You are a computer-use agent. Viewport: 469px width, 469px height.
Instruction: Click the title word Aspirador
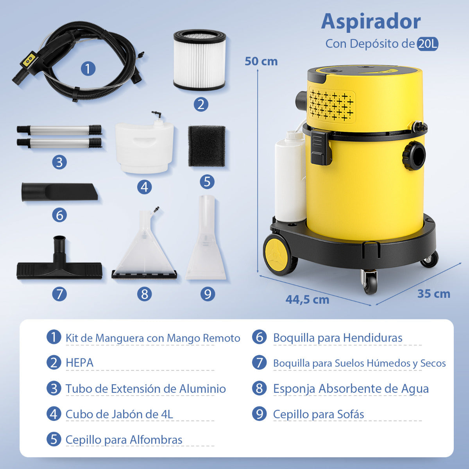click(371, 22)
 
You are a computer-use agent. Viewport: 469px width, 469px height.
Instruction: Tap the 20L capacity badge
click(427, 44)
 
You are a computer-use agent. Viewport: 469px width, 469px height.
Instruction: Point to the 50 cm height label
click(261, 61)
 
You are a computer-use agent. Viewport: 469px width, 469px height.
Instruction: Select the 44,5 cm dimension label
click(307, 299)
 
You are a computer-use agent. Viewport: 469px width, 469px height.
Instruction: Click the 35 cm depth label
click(433, 294)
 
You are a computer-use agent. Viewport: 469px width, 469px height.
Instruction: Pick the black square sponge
click(207, 146)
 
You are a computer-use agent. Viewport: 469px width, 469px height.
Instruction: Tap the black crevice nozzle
click(59, 192)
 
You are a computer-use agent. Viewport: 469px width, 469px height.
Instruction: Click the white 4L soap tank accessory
click(145, 147)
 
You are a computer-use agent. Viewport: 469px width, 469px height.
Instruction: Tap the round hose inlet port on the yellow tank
click(414, 155)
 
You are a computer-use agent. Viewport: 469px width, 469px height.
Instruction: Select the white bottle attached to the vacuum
click(290, 178)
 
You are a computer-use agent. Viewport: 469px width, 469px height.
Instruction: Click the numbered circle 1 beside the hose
click(88, 69)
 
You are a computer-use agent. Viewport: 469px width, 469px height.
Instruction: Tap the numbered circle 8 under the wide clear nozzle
click(144, 294)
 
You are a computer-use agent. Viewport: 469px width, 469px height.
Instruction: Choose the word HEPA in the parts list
click(79, 363)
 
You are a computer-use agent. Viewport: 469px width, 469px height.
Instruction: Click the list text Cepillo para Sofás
click(318, 414)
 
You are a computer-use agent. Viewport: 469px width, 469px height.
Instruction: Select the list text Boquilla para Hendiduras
click(337, 338)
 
